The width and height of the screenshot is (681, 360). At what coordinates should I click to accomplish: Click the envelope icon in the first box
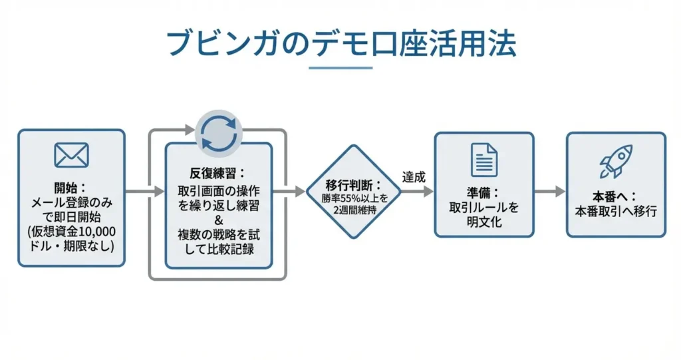click(x=72, y=155)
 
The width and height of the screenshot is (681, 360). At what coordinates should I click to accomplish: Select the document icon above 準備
click(x=483, y=160)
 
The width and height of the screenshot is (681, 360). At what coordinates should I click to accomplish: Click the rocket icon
click(x=615, y=160)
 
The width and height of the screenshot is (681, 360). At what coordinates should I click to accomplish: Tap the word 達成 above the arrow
click(x=414, y=177)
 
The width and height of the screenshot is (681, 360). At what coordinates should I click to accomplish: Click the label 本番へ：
click(x=615, y=197)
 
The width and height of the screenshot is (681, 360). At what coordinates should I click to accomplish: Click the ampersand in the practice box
click(x=219, y=220)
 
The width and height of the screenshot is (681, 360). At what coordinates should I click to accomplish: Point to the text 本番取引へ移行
click(x=616, y=212)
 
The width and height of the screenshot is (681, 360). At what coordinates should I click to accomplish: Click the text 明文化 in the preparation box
click(x=483, y=222)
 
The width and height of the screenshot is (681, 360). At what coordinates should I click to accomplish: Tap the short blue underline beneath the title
click(x=341, y=67)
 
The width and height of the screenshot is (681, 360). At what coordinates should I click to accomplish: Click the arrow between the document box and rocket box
click(x=549, y=192)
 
